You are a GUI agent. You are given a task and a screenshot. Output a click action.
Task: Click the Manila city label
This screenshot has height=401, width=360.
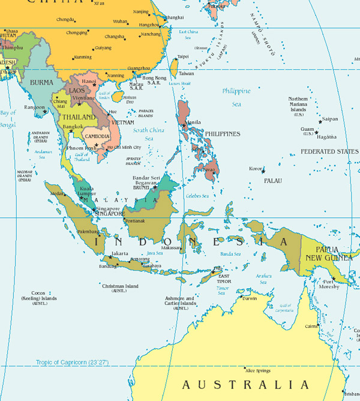tap(194, 122)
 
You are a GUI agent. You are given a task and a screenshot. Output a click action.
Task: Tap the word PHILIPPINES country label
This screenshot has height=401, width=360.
tap(222, 134)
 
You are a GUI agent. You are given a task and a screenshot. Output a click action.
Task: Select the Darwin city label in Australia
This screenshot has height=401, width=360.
tap(249, 298)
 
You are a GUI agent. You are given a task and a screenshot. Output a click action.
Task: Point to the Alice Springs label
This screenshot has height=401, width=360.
tap(259, 371)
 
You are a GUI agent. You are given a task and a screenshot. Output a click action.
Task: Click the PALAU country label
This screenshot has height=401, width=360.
tap(272, 180)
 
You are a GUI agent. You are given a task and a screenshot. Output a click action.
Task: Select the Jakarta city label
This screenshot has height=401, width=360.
tap(120, 254)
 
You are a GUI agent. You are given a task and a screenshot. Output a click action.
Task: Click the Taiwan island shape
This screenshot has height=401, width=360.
tap(174, 65)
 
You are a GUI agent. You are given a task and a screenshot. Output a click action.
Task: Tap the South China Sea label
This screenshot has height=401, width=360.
tap(148, 134)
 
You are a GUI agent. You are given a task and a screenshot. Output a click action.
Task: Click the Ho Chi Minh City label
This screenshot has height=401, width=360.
tap(124, 147)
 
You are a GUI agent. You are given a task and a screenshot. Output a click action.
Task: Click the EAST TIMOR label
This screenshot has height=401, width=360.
tap(223, 277)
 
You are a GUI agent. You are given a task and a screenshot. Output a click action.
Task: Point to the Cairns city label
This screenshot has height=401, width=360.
tap(311, 326)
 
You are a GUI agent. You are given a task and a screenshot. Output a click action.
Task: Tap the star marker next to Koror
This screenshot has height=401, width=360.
tap(263, 172)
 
